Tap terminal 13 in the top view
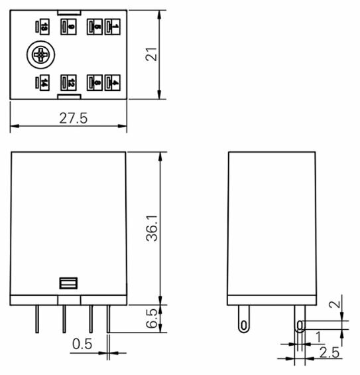pos(43,27)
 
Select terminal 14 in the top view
pos(43,82)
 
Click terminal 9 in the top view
pos(68,27)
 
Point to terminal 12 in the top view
pos(68,82)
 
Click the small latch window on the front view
pos(68,283)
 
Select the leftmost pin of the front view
pos(36,319)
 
